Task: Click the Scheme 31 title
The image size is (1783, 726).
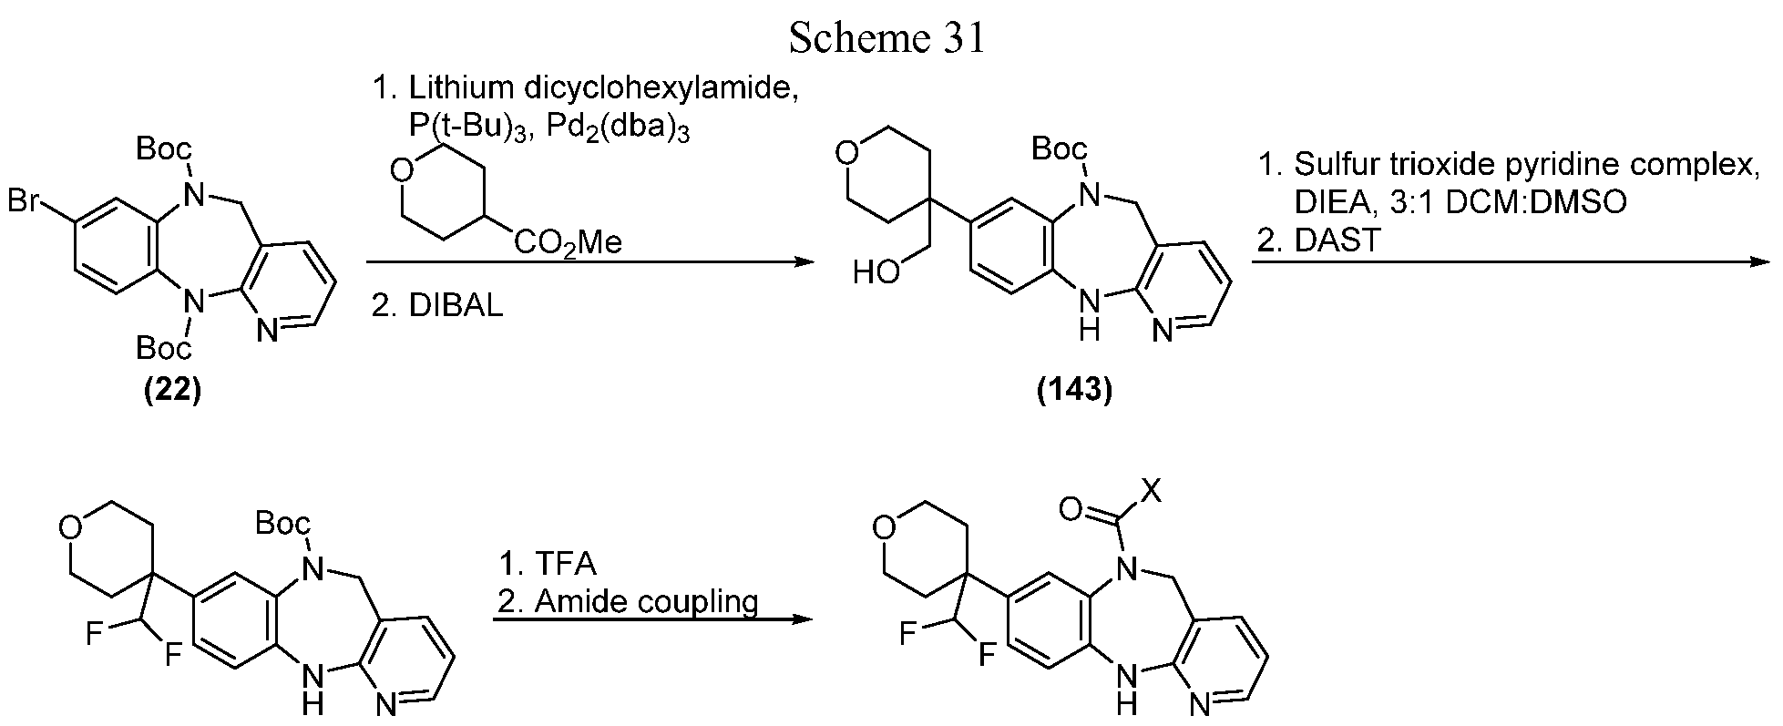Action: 886,38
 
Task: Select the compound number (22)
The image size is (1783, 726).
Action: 173,390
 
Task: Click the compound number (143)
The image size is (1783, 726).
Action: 1075,390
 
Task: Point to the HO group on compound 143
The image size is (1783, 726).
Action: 876,271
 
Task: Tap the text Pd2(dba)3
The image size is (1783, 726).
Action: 630,129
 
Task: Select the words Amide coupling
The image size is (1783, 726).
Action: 646,601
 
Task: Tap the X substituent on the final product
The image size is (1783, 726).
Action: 1152,493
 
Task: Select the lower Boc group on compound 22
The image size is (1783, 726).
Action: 164,347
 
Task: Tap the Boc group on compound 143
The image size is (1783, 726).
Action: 1060,148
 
